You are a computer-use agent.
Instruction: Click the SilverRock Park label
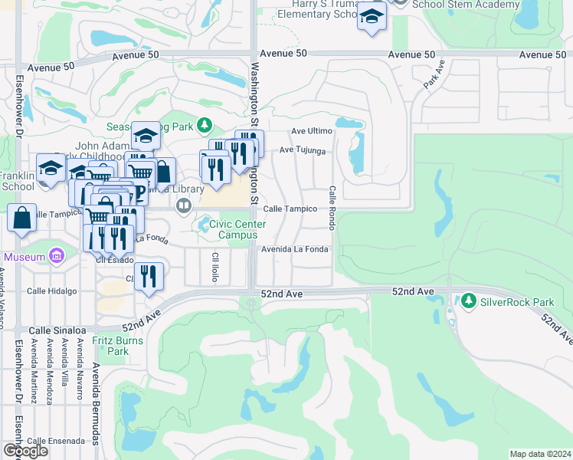511,301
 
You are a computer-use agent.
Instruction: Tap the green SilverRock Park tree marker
468,301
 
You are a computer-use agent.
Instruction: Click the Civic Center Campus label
237,229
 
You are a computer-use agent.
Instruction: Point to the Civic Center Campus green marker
205,225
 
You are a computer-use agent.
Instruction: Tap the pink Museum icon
56,256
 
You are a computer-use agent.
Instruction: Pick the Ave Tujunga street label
303,150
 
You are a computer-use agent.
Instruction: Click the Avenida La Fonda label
295,249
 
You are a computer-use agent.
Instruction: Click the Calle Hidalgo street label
52,291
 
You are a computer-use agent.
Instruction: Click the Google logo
25,451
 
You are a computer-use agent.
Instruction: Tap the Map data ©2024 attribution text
540,454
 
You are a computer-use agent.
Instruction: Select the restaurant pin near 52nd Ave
149,278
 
